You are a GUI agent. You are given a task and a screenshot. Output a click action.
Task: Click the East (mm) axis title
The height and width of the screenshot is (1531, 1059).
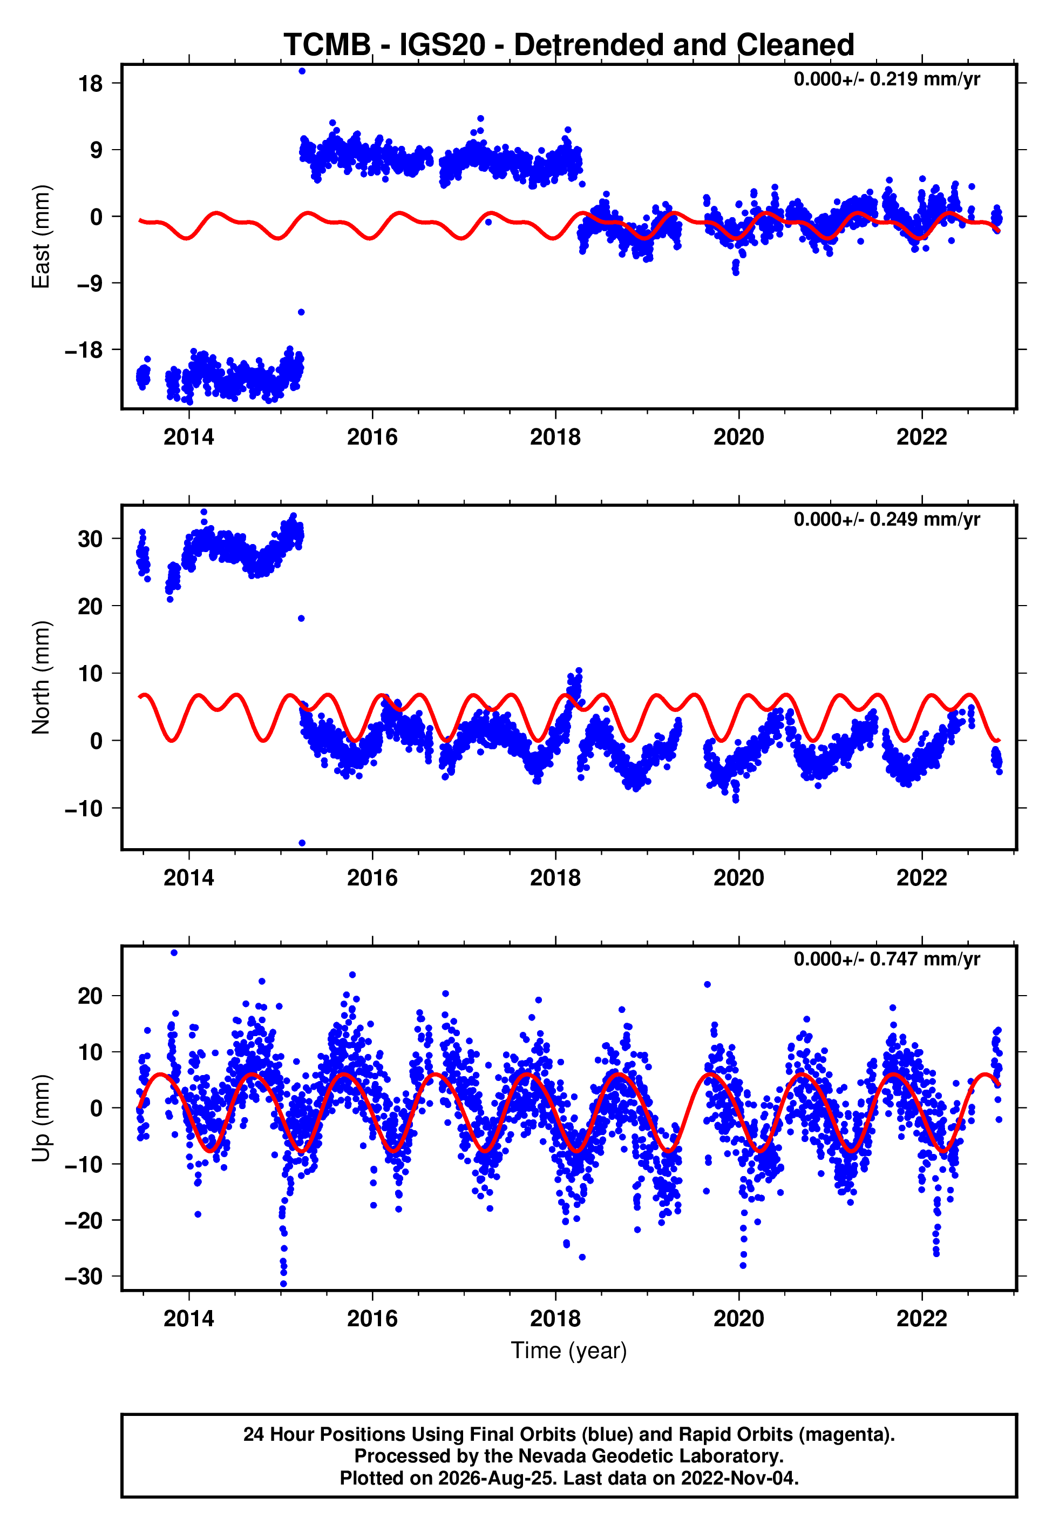point(41,237)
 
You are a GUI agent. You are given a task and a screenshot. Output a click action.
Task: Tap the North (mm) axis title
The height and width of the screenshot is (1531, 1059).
point(41,677)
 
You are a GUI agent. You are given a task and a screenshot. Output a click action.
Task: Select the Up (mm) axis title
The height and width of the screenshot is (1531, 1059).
point(41,1118)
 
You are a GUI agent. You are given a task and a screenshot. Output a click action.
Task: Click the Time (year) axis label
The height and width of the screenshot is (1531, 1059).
point(569,1351)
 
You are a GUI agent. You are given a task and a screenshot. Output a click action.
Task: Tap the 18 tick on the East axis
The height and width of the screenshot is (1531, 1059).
point(90,84)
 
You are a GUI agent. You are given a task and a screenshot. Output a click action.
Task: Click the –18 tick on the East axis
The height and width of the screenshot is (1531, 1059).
point(84,350)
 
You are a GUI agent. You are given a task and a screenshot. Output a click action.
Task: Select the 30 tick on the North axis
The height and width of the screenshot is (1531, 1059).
point(90,539)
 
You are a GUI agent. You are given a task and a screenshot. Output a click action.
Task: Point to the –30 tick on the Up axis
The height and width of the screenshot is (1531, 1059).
point(84,1277)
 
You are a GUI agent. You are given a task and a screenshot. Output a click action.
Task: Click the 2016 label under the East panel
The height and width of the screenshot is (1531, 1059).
point(372,437)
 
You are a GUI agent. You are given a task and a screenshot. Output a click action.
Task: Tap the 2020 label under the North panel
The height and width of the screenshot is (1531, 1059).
point(738,878)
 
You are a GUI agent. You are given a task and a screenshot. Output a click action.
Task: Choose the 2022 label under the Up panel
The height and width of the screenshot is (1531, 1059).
point(922,1319)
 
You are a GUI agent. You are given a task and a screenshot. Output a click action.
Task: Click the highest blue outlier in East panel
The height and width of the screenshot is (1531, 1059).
point(302,71)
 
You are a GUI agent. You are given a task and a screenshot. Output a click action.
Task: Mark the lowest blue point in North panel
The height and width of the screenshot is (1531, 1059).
point(302,843)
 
